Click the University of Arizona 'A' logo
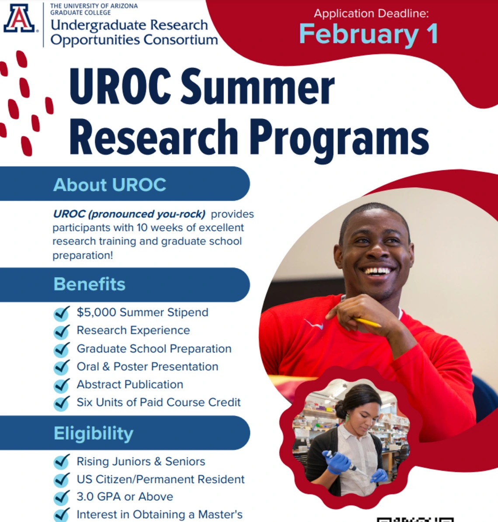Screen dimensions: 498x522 (19, 19)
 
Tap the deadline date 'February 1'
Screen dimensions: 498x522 (369, 34)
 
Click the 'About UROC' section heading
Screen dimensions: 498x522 (110, 185)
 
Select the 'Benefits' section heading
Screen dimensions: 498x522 (90, 284)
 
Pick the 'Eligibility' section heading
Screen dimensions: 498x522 (93, 434)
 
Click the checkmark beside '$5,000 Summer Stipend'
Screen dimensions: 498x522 (62, 313)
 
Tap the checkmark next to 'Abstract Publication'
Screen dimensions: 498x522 (62, 385)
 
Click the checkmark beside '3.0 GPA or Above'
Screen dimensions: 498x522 (62, 498)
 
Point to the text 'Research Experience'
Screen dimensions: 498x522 (133, 330)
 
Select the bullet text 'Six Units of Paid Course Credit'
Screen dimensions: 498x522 (159, 402)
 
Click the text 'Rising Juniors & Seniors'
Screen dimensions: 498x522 (141, 461)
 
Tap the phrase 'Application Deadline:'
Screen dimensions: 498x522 (371, 14)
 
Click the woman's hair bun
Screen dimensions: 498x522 (341, 408)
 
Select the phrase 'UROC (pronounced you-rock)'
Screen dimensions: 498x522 (129, 214)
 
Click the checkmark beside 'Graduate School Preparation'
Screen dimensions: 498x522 (62, 349)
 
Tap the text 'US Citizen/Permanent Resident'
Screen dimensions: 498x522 (160, 479)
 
